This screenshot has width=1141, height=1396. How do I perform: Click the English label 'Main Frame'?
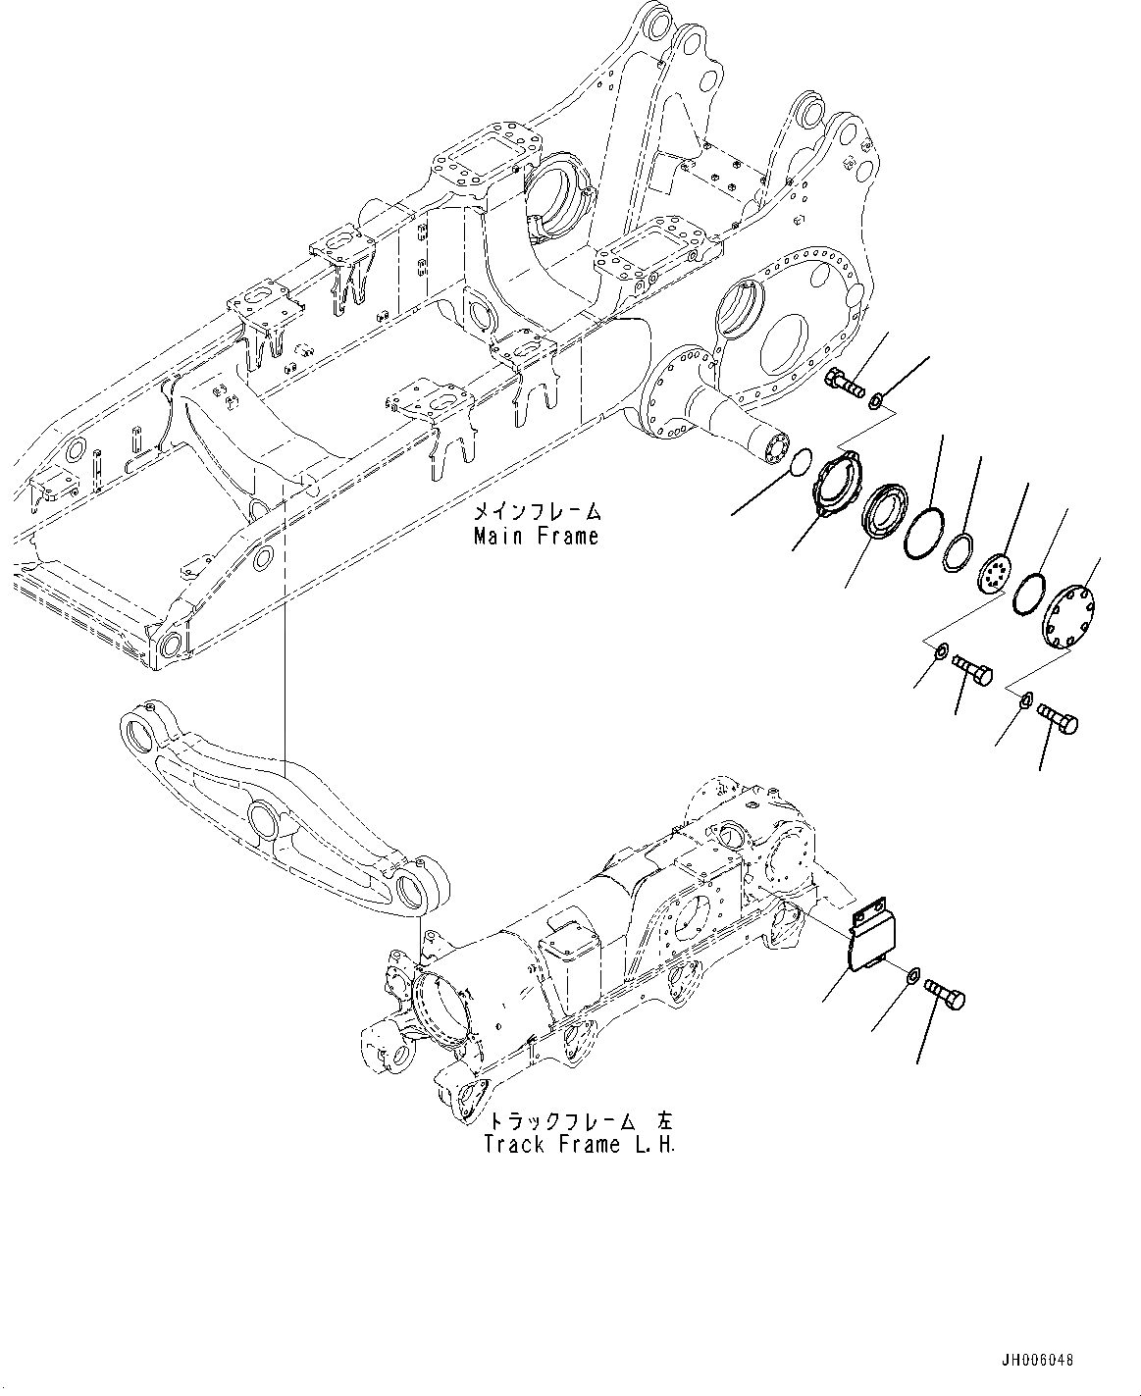pyautogui.click(x=536, y=537)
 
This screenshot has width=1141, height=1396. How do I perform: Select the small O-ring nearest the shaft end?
pyautogui.click(x=801, y=459)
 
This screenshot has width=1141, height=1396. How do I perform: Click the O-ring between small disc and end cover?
pyautogui.click(x=1029, y=594)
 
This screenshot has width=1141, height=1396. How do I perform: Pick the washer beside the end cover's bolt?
pyautogui.click(x=1024, y=699)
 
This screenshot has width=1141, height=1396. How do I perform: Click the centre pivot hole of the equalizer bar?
pyautogui.click(x=264, y=817)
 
